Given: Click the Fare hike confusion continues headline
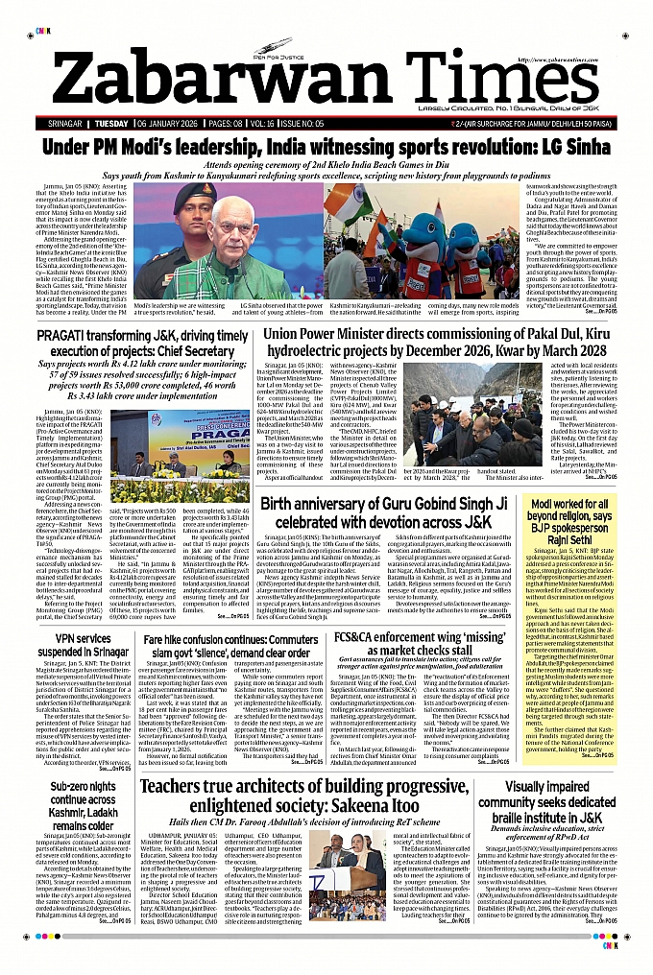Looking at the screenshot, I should click(245, 646).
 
